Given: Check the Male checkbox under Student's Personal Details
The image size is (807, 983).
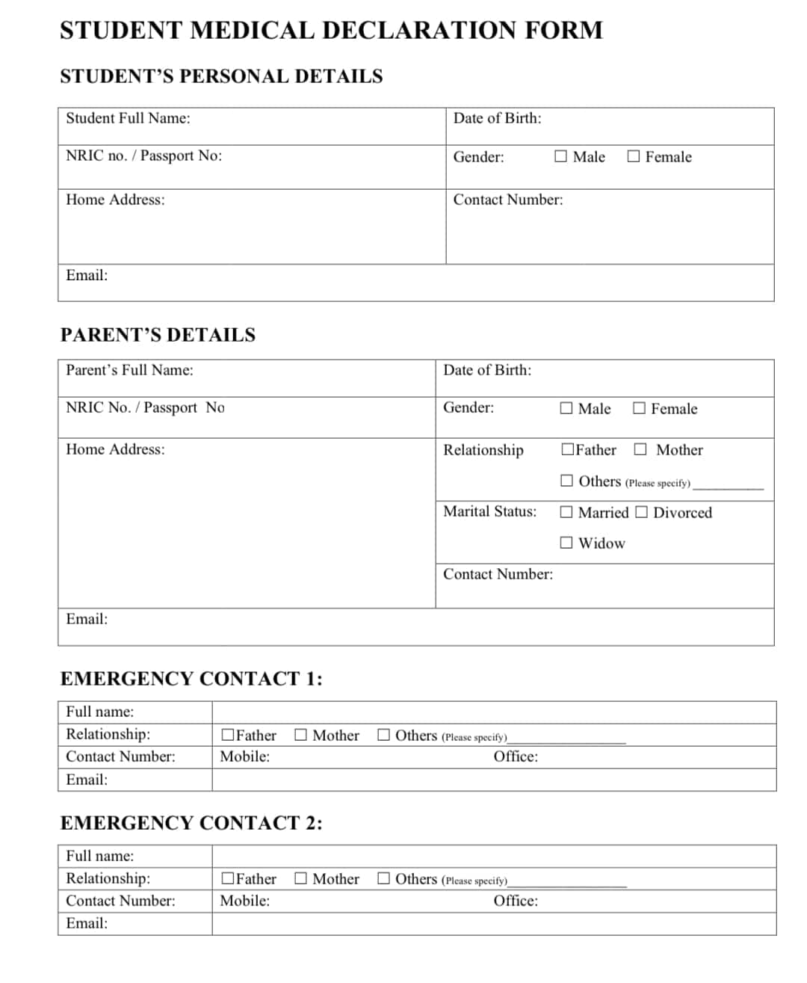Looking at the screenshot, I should click(x=560, y=156).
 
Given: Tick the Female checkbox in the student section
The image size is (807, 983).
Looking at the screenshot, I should click(x=634, y=156).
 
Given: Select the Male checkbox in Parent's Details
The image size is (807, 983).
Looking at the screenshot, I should click(x=566, y=408).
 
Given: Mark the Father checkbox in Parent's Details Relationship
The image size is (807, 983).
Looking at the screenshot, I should click(x=568, y=449).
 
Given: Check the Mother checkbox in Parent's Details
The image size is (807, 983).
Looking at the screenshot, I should click(x=640, y=449).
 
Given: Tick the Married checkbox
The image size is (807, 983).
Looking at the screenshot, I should click(x=566, y=512).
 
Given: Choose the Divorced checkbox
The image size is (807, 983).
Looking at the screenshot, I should click(x=642, y=512).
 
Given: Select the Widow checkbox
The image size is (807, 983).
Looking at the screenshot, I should click(x=566, y=543).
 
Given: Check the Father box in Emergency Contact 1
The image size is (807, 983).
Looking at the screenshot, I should click(x=228, y=735).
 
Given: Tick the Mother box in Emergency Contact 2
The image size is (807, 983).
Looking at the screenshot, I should click(x=300, y=878).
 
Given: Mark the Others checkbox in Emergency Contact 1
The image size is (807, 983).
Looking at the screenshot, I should click(x=383, y=735).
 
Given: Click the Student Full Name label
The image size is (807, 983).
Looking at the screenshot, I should click(x=128, y=118).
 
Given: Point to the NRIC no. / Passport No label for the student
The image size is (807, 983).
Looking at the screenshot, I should click(x=143, y=155).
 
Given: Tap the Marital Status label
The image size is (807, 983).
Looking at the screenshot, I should click(x=489, y=511).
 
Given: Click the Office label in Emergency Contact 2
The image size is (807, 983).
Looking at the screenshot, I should click(x=515, y=901).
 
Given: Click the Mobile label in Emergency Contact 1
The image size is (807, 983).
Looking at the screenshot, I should click(x=244, y=756).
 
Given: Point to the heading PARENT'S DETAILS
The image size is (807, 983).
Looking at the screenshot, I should click(x=158, y=335).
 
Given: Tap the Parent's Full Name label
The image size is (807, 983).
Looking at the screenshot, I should click(x=129, y=370).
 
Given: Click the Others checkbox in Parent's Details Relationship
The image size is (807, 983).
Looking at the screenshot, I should click(x=566, y=481).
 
